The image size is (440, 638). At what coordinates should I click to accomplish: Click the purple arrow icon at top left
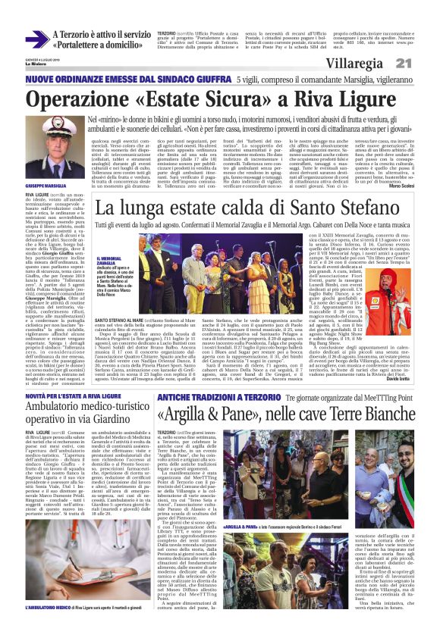point(37,39)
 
